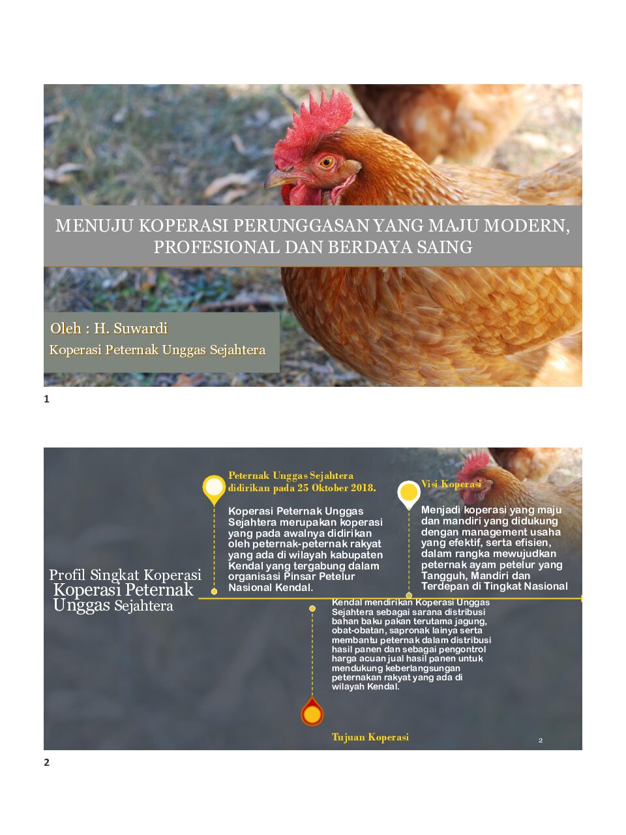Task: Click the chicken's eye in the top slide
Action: pos(327,161)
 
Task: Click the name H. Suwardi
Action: pos(130,328)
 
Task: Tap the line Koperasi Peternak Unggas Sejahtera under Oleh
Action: pos(157,350)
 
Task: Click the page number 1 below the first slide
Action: pos(46,399)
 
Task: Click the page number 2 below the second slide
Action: pos(46,762)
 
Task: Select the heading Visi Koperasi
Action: pos(451,484)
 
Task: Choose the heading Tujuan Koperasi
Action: pos(370,737)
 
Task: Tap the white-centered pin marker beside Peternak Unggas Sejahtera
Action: pos(214,487)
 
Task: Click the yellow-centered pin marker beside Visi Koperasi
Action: pos(409,493)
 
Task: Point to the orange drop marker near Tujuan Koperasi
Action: pos(312,714)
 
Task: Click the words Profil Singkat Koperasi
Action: pos(125,575)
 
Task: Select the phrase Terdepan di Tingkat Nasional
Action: pos(494,586)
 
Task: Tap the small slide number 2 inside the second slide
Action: pos(541,740)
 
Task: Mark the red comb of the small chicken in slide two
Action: pos(475,463)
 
